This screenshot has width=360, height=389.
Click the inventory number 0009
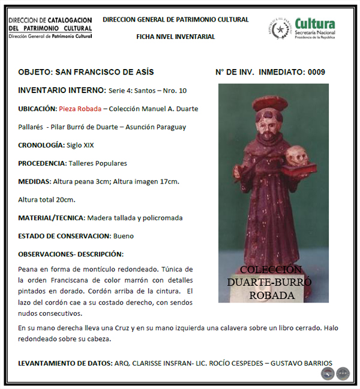pyautogui.click(x=316, y=73)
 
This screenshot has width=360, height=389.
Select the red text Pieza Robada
pyautogui.click(x=80, y=109)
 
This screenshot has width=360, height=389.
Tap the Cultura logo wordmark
pyautogui.click(x=316, y=25)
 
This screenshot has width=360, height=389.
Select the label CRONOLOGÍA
pyautogui.click(x=41, y=145)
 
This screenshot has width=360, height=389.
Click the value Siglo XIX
pyautogui.click(x=80, y=145)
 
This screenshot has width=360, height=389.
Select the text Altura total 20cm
pyautogui.click(x=46, y=199)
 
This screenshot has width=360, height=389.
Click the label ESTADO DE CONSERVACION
pyautogui.click(x=64, y=236)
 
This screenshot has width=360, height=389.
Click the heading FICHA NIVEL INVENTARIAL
pyautogui.click(x=175, y=37)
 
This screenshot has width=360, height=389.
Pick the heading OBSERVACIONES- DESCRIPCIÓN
pyautogui.click(x=71, y=254)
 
